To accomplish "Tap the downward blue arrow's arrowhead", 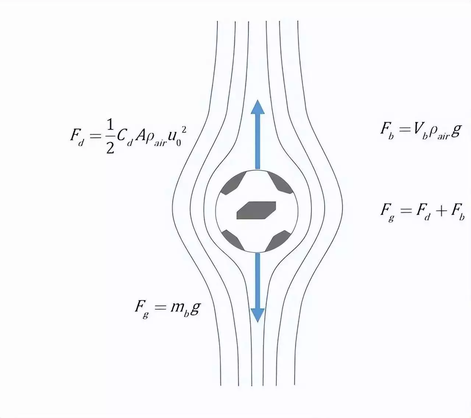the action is (258, 315).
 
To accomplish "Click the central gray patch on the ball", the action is (256, 210).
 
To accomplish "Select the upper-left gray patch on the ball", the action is (233, 183).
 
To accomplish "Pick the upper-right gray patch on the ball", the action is (280, 183).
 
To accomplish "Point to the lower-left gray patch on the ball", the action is (233, 240).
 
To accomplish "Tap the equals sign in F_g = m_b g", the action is (160, 308).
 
